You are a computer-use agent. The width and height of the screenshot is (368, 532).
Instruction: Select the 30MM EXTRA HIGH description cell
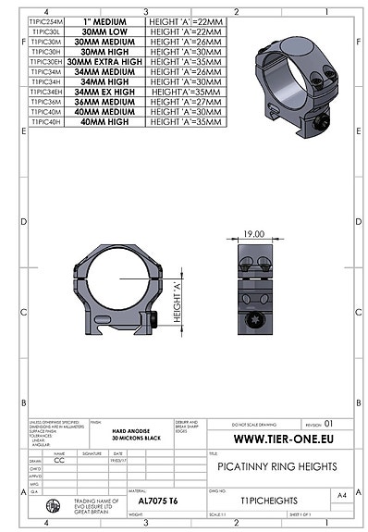click(x=109, y=61)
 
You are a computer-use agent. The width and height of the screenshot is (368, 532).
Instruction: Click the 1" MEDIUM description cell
click(x=109, y=19)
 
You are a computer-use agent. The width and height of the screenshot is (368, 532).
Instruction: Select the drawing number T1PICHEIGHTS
click(x=265, y=496)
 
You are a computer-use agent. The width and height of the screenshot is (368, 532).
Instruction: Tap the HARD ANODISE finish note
click(x=130, y=430)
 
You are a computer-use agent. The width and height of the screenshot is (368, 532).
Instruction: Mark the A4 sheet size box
click(x=343, y=496)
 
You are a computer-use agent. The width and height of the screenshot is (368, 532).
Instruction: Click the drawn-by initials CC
click(x=60, y=458)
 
